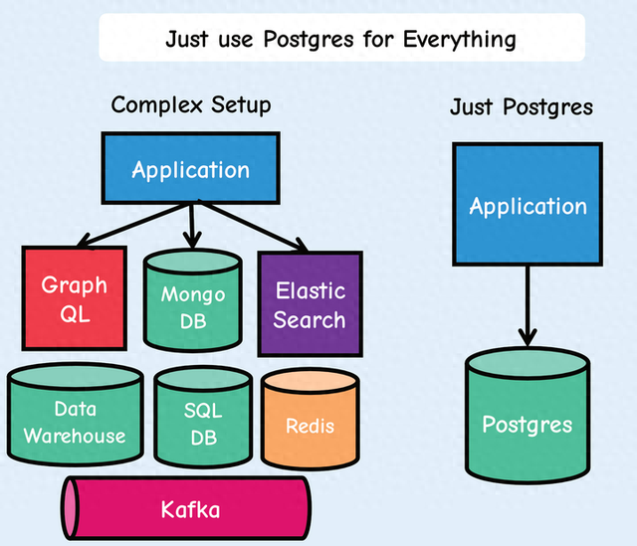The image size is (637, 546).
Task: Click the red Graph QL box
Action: point(75,298)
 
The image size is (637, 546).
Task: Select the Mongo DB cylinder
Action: point(193,300)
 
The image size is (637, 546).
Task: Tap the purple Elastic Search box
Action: point(310,304)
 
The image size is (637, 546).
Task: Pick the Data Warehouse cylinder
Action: point(76,415)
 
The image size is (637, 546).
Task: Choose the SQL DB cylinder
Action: point(203,418)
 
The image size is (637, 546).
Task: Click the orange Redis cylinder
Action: point(310,420)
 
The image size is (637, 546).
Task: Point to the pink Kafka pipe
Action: point(186,508)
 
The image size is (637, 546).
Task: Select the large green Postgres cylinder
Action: point(528,416)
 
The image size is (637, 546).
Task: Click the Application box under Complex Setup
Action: point(190,168)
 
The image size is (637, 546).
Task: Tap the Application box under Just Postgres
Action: point(528,204)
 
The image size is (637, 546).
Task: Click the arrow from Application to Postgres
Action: point(528,305)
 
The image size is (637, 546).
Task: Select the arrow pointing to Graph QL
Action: point(132,225)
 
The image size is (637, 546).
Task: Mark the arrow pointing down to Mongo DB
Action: point(192,226)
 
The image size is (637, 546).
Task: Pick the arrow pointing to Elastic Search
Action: point(253,226)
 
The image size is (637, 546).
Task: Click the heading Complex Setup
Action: point(191,105)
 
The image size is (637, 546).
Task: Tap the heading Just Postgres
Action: point(522,107)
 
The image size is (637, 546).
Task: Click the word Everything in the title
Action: point(460,40)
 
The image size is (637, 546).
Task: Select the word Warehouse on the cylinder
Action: point(75,436)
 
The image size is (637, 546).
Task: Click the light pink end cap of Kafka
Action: point(70,508)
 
